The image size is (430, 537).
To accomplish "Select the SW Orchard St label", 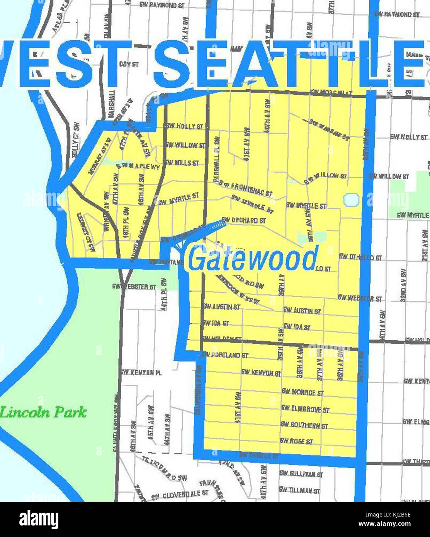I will click(244, 220).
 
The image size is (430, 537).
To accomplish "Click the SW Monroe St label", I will click(303, 392).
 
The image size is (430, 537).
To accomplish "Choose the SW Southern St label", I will click(304, 425).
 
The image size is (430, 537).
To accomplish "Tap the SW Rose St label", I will click(296, 441).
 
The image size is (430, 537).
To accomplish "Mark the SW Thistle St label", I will click(259, 455).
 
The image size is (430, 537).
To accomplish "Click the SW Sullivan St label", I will click(301, 474).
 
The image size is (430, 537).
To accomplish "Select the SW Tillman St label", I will click(299, 490).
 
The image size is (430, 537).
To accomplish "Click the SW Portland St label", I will click(225, 355).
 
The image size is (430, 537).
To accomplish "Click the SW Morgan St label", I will click(331, 93).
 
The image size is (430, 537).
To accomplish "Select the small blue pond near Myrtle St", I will click(351, 200).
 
